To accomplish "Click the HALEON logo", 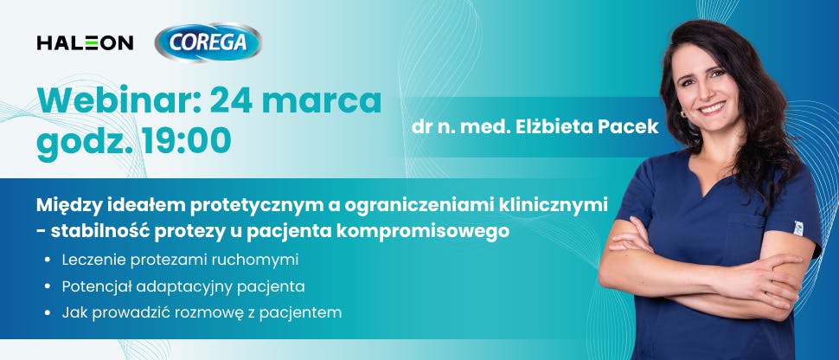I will pos(85,42).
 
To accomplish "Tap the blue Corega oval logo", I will pos(208,42).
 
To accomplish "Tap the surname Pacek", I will pos(625,126).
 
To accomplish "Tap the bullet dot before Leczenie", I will pos(46,260).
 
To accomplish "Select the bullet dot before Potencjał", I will pos(46,286).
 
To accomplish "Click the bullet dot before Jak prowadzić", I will pos(46,312).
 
